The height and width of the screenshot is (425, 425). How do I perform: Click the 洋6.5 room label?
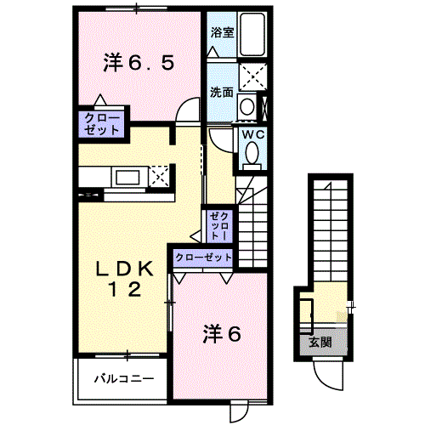click(x=139, y=63)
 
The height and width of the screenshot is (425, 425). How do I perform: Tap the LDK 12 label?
click(x=125, y=279)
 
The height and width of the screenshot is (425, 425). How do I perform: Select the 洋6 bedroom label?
click(x=222, y=334)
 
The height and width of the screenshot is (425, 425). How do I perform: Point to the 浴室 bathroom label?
click(x=222, y=32)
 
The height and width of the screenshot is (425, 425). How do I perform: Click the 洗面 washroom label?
click(x=222, y=93)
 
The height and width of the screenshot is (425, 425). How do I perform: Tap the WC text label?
click(x=253, y=134)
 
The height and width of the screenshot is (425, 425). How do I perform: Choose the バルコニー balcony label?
click(x=124, y=378)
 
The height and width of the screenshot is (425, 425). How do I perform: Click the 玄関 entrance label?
click(x=320, y=342)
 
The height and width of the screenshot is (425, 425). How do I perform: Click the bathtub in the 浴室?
click(x=252, y=34)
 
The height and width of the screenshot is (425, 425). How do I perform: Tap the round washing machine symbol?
click(x=246, y=106)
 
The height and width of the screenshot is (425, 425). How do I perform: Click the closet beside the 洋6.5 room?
click(x=101, y=124)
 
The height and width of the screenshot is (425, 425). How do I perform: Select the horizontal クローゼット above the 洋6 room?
click(x=203, y=258)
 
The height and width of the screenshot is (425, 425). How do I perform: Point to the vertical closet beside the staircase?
click(x=219, y=226)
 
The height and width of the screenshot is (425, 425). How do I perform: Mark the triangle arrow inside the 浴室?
click(x=212, y=52)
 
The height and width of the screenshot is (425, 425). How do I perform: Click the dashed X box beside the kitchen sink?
click(x=159, y=176)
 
